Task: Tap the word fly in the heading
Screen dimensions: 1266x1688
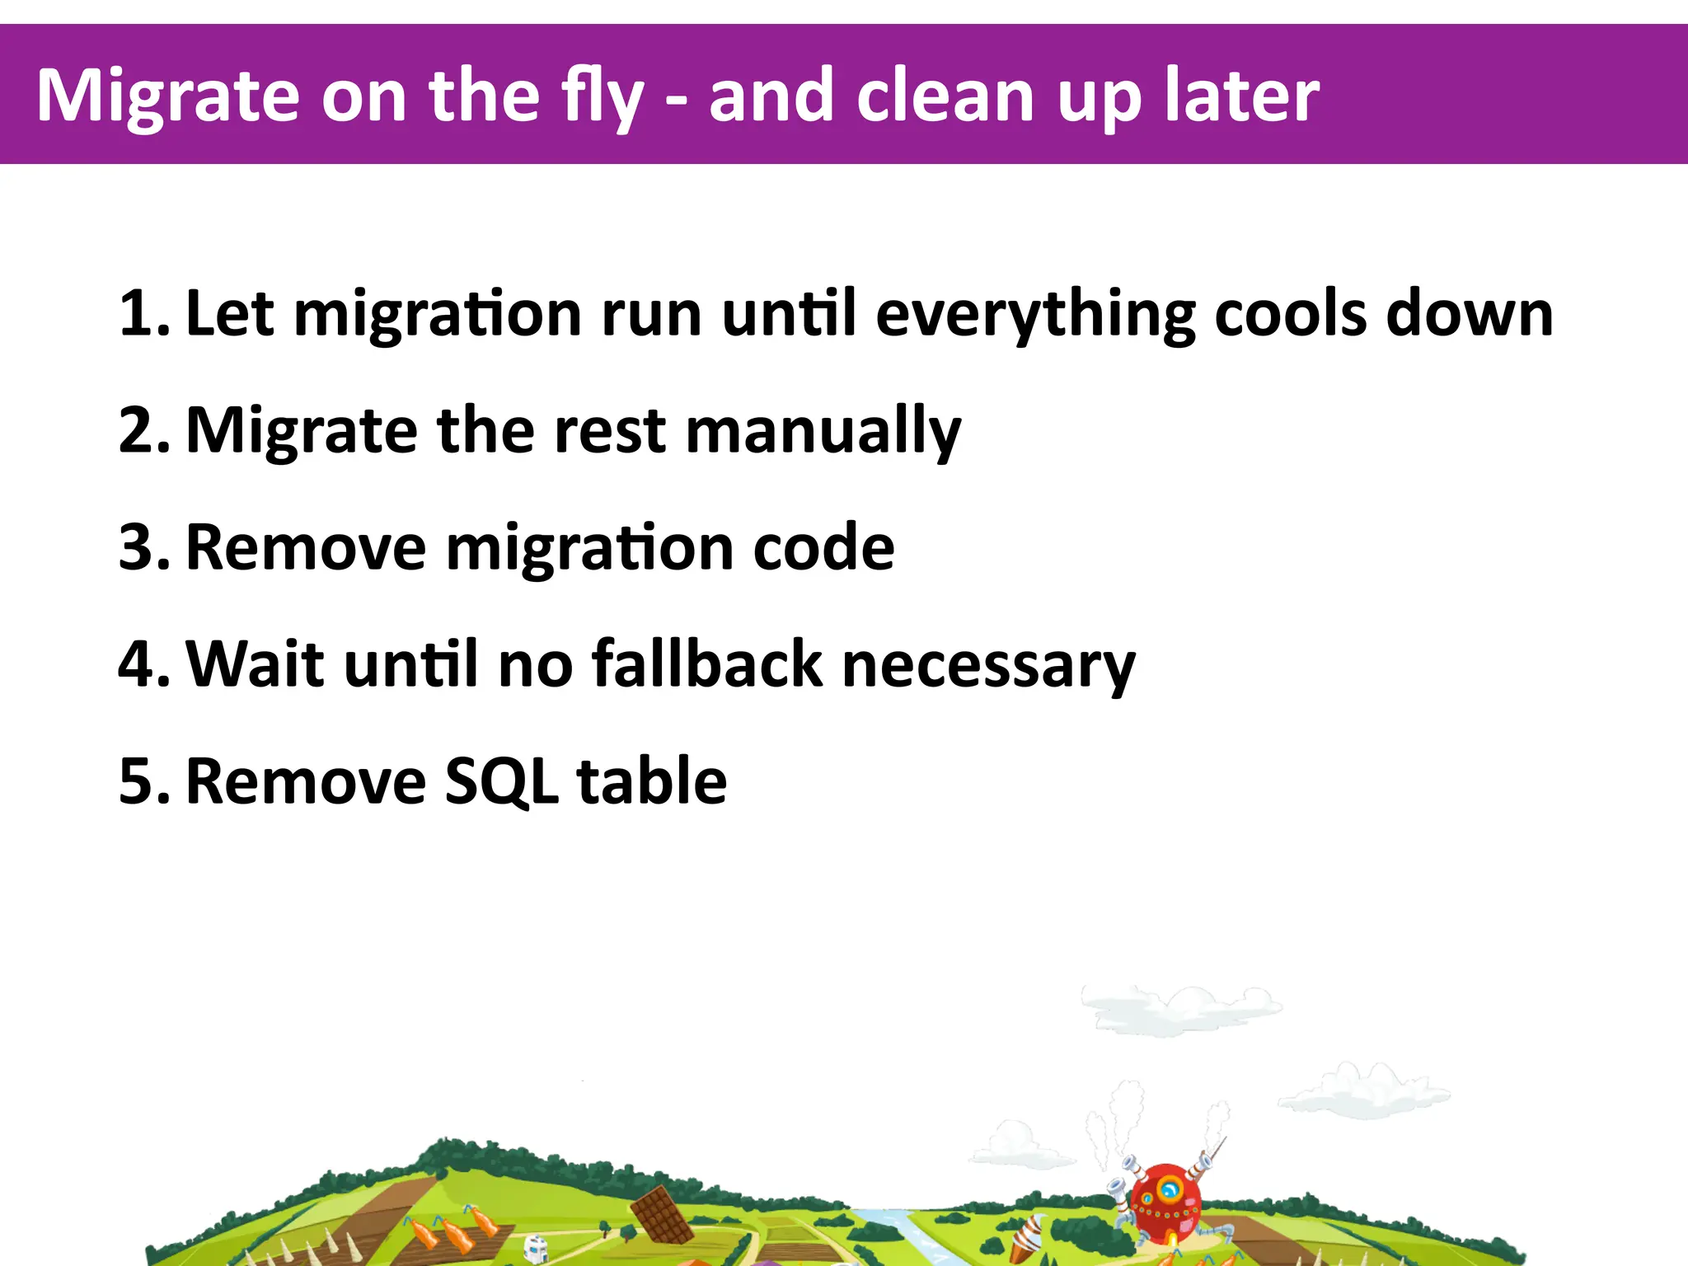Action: (603, 97)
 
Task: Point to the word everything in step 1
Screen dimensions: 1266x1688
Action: (1035, 314)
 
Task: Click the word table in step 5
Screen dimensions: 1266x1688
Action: (651, 782)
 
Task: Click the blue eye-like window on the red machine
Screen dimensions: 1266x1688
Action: (1169, 1189)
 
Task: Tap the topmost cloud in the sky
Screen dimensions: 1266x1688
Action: (1179, 1007)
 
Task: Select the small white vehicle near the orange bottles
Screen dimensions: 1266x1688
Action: (537, 1248)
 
